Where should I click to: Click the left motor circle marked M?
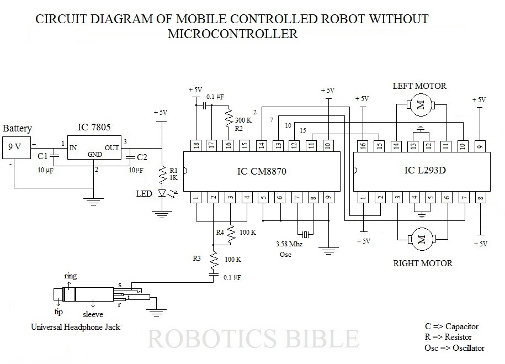(x=421, y=105)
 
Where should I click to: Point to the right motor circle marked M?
(x=421, y=240)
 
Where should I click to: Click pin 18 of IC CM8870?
(x=195, y=145)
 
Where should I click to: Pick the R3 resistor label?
(x=197, y=257)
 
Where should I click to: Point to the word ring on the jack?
(x=70, y=275)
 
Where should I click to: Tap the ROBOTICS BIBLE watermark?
(x=253, y=338)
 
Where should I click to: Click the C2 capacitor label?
(x=142, y=156)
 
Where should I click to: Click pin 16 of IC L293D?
(x=362, y=145)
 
